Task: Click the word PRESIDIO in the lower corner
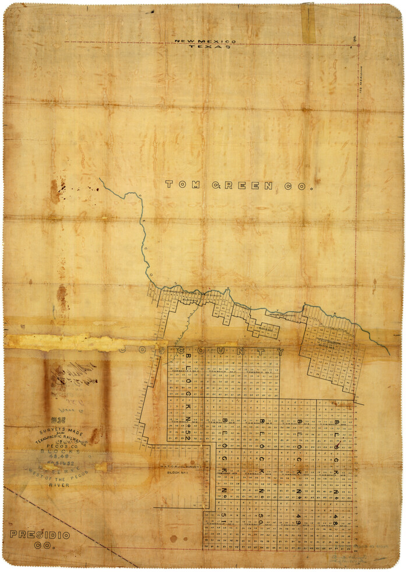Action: coord(39,535)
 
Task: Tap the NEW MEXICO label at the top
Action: coord(206,41)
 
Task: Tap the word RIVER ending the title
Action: coord(59,485)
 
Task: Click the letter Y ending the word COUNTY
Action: coord(280,352)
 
